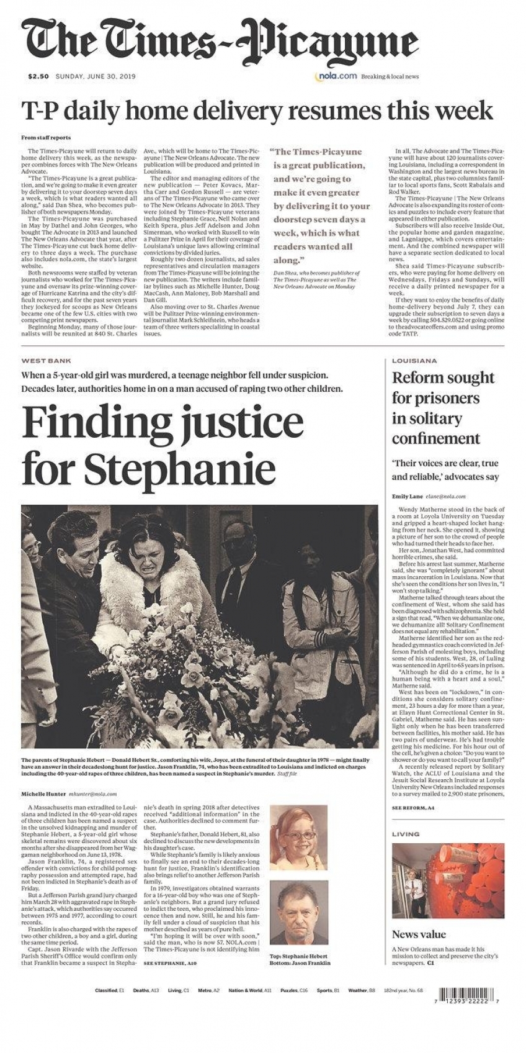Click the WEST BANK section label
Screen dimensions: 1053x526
46,361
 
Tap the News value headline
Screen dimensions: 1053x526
419,934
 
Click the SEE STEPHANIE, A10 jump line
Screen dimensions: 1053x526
170,963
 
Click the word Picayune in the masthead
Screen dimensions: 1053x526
329,42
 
